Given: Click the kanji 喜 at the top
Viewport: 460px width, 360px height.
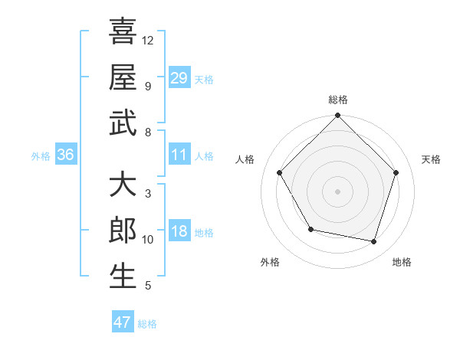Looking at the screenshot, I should pyautogui.click(x=123, y=31).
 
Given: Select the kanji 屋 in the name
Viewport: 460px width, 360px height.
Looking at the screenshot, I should pyautogui.click(x=123, y=76).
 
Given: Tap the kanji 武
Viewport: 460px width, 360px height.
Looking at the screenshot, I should pyautogui.click(x=123, y=122).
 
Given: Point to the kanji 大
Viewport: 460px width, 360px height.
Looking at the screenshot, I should pyautogui.click(x=123, y=185).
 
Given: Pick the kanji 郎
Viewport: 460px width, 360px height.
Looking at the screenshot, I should pyautogui.click(x=123, y=231).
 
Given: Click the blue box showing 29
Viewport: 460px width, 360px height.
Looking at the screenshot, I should pyautogui.click(x=179, y=77).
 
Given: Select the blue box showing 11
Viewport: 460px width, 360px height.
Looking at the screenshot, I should pyautogui.click(x=179, y=155).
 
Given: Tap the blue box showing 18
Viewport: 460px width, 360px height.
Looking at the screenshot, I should pyautogui.click(x=179, y=231).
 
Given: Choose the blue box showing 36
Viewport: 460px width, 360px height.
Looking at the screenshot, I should pyautogui.click(x=66, y=155).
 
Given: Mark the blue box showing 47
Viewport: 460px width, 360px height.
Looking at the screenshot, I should pyautogui.click(x=123, y=322).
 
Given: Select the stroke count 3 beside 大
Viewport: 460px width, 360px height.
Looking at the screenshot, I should pyautogui.click(x=147, y=194).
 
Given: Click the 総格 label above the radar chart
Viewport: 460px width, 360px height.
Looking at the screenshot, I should pyautogui.click(x=338, y=100).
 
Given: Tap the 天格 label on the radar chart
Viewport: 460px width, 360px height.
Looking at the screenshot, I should pyautogui.click(x=431, y=159).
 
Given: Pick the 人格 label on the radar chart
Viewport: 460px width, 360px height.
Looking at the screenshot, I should pyautogui.click(x=245, y=159).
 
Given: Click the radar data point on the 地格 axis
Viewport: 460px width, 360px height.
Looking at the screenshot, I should pyautogui.click(x=374, y=241).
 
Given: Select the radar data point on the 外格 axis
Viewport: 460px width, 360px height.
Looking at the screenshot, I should pyautogui.click(x=310, y=229).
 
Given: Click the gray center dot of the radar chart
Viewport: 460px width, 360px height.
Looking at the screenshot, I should pyautogui.click(x=338, y=191).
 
